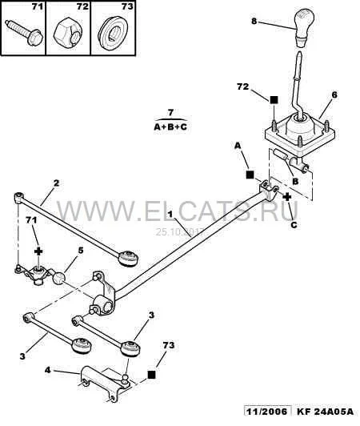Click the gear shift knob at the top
click(303, 26)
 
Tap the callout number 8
click(254, 21)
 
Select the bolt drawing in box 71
click(24, 32)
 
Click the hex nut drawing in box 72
click(67, 32)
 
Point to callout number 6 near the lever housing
click(334, 94)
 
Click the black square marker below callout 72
click(274, 100)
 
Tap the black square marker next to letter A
click(250, 175)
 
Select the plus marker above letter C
click(286, 197)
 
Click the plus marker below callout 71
click(38, 251)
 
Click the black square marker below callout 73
click(151, 375)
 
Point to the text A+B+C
click(170, 127)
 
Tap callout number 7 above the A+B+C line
click(170, 112)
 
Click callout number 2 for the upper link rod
click(56, 183)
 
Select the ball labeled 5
click(59, 279)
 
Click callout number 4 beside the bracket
click(47, 370)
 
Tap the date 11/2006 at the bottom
click(266, 412)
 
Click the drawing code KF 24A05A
click(326, 412)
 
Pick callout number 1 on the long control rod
click(170, 215)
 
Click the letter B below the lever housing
click(295, 181)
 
